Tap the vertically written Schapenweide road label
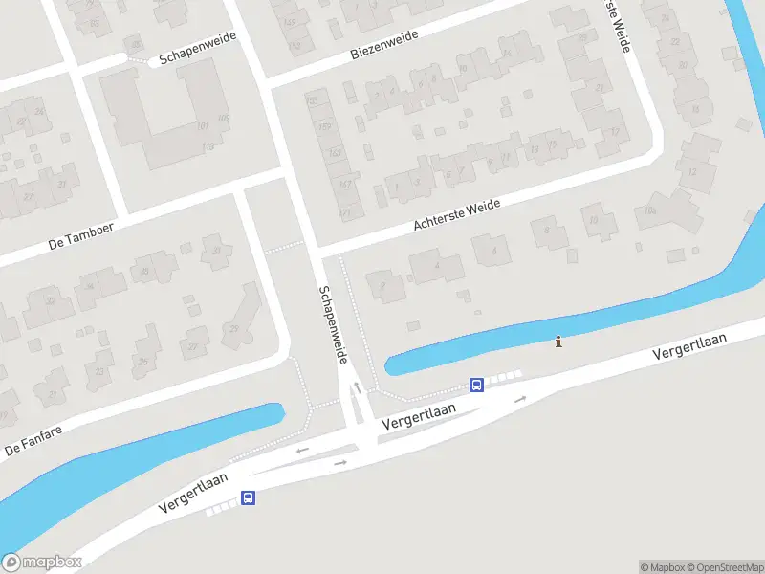334,324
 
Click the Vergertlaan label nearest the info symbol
690,346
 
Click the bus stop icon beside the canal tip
476,386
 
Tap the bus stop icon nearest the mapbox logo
248,497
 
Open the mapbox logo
42,563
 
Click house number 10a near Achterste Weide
652,210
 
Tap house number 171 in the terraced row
346,212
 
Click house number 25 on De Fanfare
143,362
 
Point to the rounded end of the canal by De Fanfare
277,414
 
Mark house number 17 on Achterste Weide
615,131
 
